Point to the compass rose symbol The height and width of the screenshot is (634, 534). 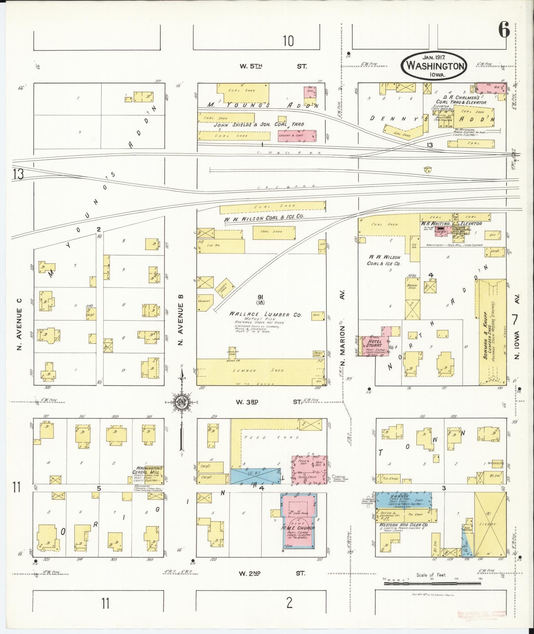[x=182, y=402]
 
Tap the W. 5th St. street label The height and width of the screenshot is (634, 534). [x=273, y=66]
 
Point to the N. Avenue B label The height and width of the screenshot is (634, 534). [x=181, y=319]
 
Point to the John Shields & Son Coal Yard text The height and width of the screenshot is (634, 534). [x=259, y=125]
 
